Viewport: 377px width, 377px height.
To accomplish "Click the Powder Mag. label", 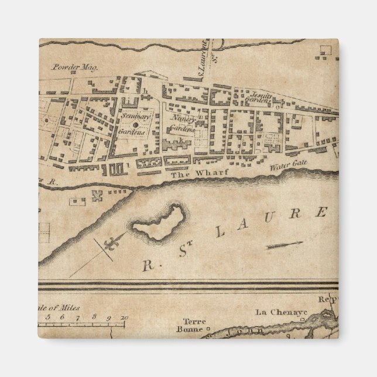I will [x=74, y=66].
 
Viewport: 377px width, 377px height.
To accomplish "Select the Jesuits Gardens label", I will [x=260, y=97].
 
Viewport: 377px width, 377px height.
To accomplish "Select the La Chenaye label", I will [x=272, y=311].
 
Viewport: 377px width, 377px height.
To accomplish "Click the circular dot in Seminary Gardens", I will [x=135, y=125].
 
